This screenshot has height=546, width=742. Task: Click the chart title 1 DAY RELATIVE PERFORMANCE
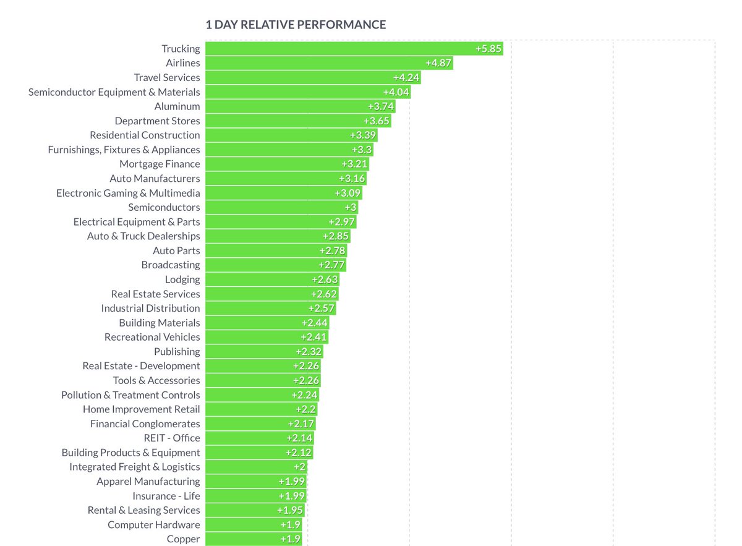[296, 25]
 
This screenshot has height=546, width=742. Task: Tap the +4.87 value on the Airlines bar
[438, 63]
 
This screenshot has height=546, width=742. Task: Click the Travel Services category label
[167, 77]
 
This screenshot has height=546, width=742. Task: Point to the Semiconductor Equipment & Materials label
[114, 92]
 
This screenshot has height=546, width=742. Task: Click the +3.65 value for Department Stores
[376, 121]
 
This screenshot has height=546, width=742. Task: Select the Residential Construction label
[145, 135]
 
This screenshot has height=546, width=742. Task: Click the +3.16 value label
[352, 179]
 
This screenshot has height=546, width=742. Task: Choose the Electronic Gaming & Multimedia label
[128, 193]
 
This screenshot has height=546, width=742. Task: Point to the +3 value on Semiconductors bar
[351, 207]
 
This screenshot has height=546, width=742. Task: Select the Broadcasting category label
[171, 265]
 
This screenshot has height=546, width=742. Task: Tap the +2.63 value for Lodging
[325, 279]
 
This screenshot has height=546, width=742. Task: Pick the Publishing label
[177, 351]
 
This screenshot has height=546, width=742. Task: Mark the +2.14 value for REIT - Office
[300, 438]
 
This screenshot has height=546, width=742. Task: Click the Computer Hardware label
[154, 524]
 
